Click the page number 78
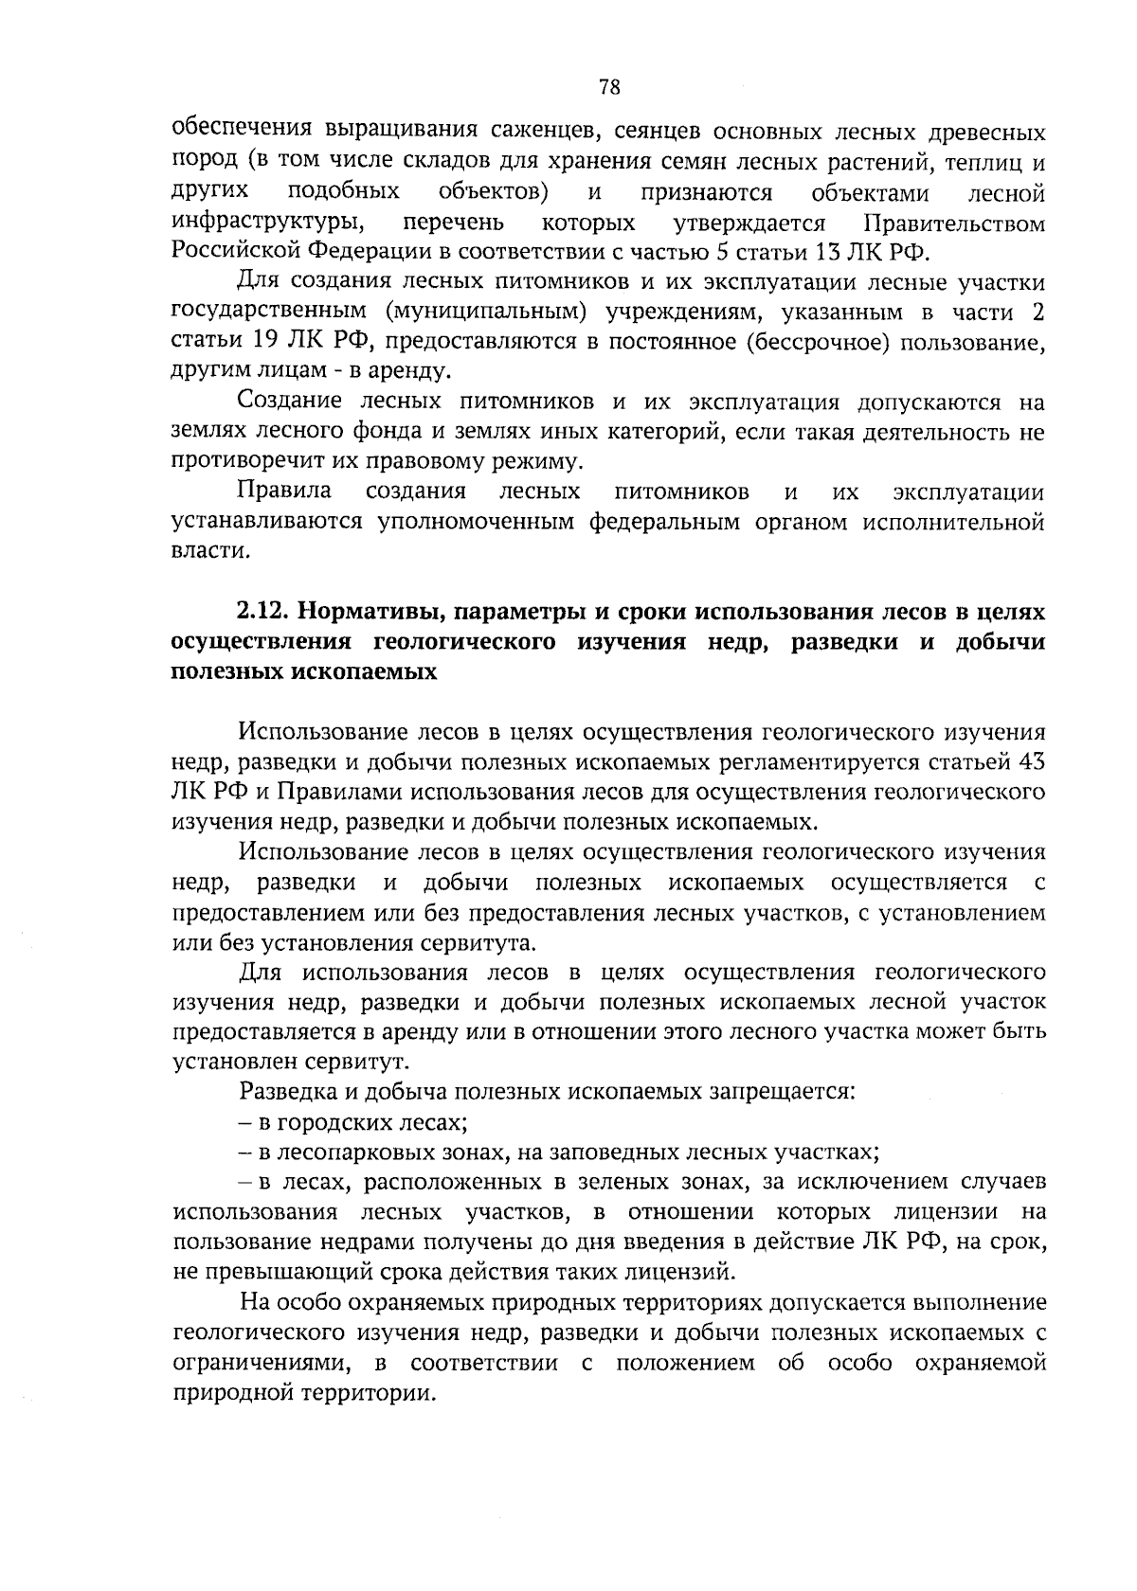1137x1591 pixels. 609,88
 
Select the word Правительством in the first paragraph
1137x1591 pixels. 955,224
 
